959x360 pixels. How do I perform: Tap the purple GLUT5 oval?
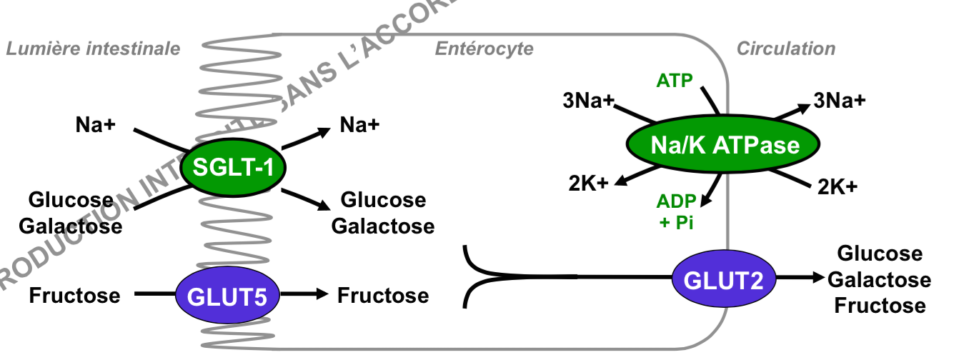click(x=226, y=296)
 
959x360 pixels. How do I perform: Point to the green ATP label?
click(x=675, y=81)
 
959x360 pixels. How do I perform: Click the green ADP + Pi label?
click(x=676, y=211)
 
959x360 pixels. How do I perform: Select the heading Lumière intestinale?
click(x=92, y=49)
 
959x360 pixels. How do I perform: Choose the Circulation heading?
click(x=785, y=49)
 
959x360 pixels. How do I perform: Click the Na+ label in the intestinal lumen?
click(x=96, y=124)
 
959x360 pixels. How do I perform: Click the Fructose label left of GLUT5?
click(x=74, y=295)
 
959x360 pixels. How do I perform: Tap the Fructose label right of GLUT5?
click(x=383, y=295)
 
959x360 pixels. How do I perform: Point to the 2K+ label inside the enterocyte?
click(x=590, y=184)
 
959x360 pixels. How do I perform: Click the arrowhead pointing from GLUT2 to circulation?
click(x=816, y=279)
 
